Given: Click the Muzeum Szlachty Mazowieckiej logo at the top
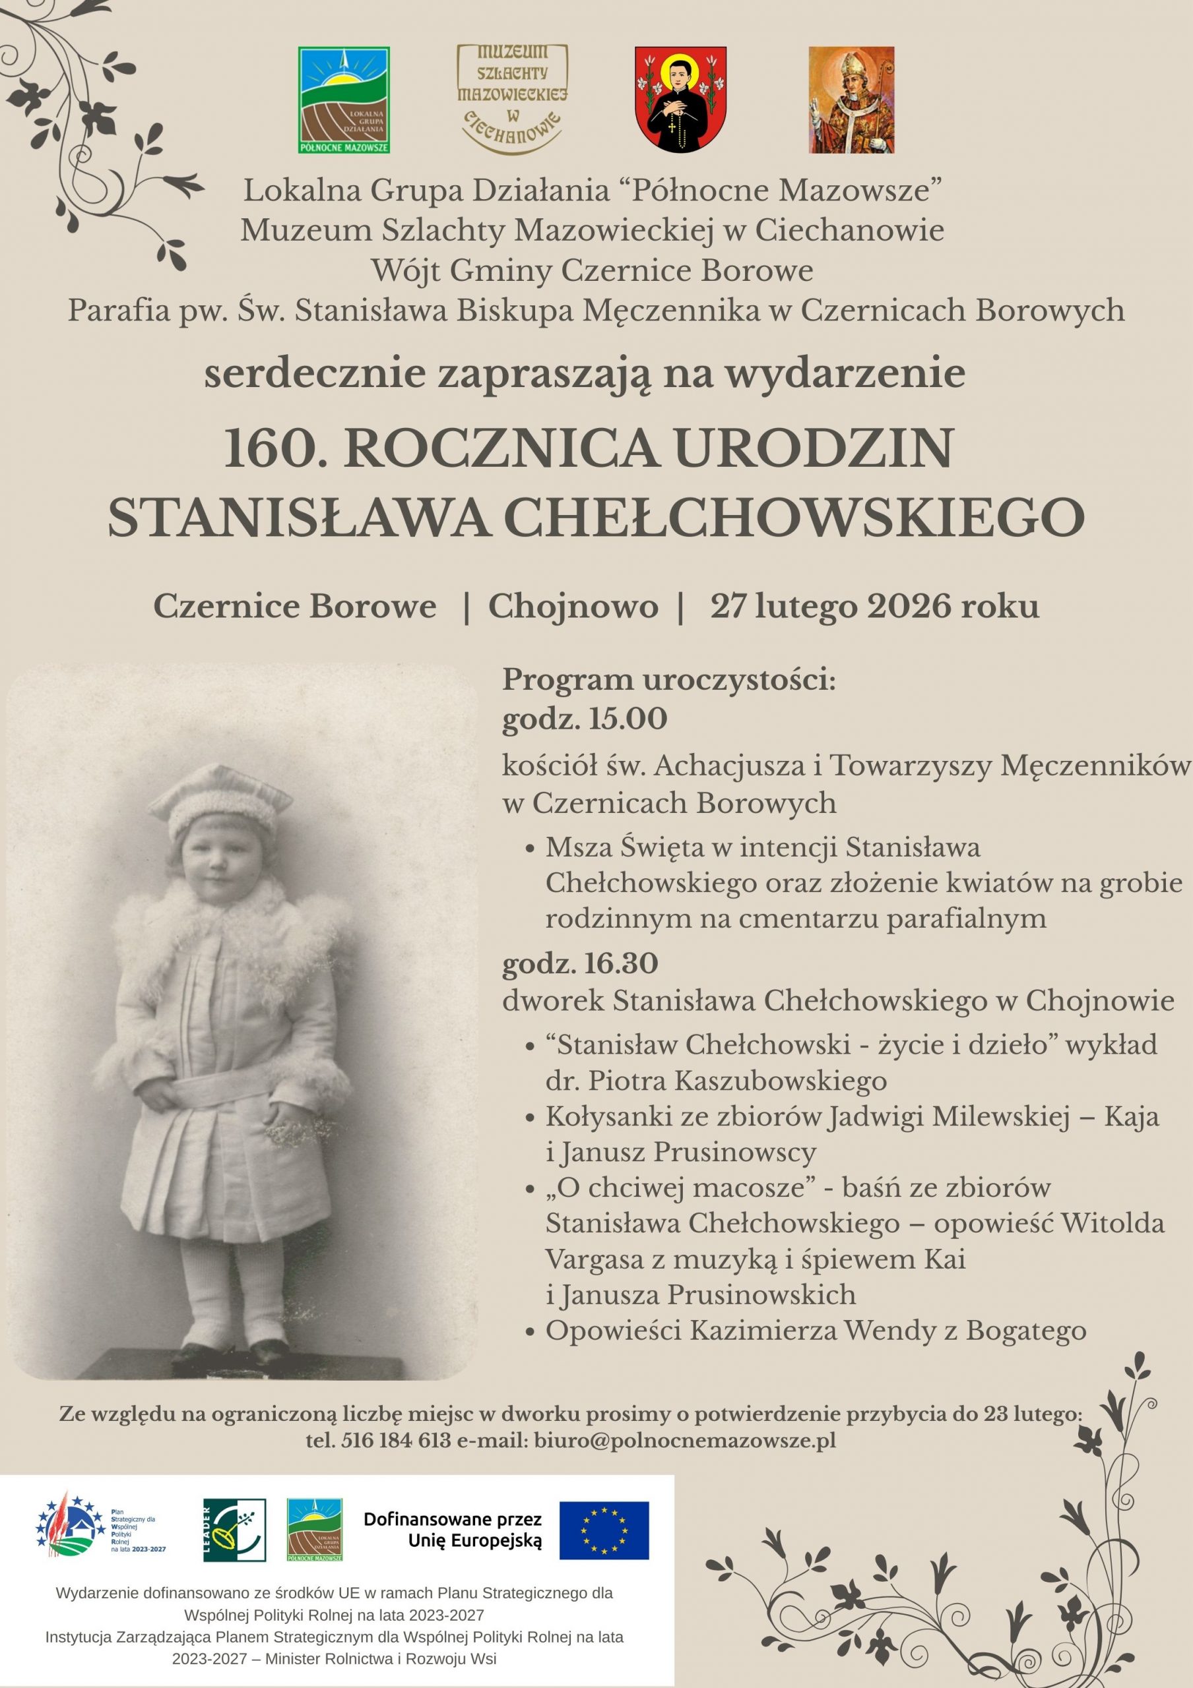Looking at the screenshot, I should (512, 100).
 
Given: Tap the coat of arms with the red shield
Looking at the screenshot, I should (680, 100).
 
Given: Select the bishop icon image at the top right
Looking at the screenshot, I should (851, 100).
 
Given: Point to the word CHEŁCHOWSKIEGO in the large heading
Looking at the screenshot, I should (795, 517).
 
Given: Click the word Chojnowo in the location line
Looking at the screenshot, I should (573, 607).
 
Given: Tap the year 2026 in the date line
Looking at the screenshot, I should (909, 607).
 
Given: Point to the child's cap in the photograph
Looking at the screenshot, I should (220, 801).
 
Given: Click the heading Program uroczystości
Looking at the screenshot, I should (668, 680).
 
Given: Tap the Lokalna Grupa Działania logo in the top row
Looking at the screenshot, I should (344, 100).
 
